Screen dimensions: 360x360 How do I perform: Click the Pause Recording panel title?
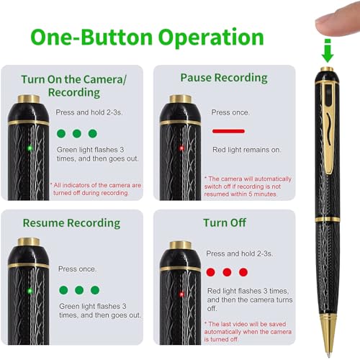point(224,77)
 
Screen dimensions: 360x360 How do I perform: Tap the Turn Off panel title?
point(225,222)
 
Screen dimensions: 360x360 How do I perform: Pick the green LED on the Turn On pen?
point(30,148)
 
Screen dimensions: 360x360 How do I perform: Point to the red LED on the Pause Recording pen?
point(181,148)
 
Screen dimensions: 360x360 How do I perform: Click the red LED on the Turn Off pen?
point(181,293)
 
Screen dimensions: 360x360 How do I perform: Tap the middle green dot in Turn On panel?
point(76,133)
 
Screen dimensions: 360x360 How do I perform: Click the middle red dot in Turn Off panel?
point(227,272)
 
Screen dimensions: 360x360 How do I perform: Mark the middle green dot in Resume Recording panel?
point(79,290)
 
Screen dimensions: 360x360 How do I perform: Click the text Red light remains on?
point(246,150)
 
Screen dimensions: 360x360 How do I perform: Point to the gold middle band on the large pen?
point(328,219)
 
